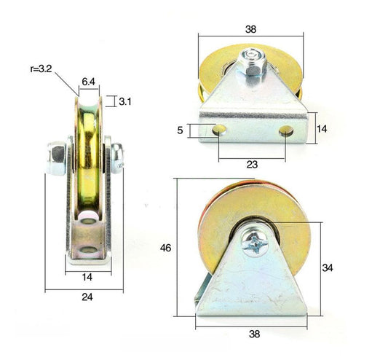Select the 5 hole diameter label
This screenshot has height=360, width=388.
[x=181, y=130]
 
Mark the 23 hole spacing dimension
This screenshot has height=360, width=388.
[x=252, y=165]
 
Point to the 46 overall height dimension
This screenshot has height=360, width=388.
[x=167, y=249]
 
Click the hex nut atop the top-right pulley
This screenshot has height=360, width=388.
[x=252, y=63]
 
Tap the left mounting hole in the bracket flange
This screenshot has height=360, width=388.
[x=218, y=131]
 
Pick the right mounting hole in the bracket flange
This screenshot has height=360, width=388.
[x=287, y=131]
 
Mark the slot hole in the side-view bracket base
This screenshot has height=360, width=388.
[x=87, y=251]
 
